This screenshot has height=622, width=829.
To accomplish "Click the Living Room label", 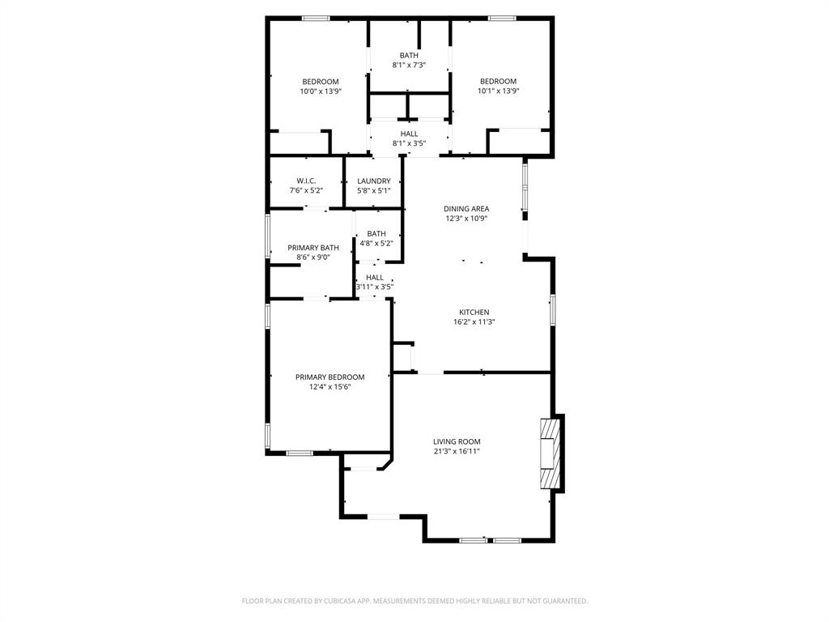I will click(457, 441).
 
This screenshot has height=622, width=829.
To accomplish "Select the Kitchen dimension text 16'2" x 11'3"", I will click(474, 322).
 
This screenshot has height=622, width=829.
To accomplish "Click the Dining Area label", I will click(466, 208).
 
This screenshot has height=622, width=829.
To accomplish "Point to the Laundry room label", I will click(373, 181).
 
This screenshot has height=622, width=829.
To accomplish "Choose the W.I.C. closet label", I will click(306, 181).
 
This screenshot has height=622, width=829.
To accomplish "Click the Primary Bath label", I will click(312, 248).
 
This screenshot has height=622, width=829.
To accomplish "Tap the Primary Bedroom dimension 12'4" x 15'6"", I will click(329, 387).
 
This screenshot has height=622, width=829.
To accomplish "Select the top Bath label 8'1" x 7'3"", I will click(409, 65).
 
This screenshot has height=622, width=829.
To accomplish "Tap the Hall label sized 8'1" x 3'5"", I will click(409, 143).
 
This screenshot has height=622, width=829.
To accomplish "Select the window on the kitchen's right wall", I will click(553, 309).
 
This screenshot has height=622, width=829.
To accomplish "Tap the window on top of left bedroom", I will click(316, 18).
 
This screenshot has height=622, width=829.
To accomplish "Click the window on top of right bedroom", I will click(501, 18).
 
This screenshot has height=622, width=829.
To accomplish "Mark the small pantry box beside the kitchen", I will click(402, 356).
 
